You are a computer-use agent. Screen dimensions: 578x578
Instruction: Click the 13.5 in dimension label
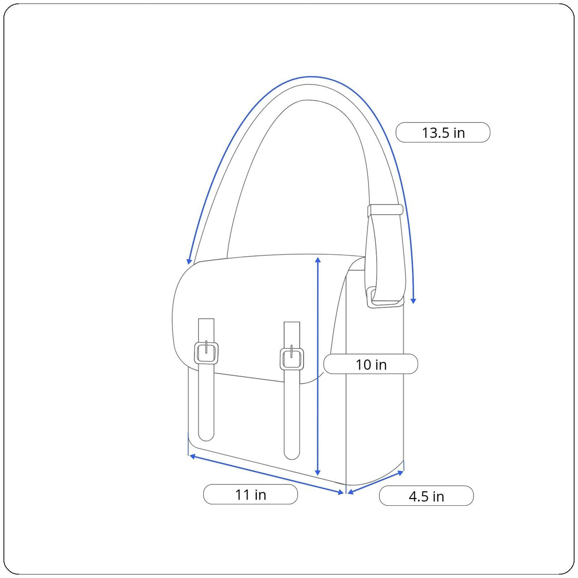point(443,132)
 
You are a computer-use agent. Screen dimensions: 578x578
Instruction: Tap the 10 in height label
point(371,364)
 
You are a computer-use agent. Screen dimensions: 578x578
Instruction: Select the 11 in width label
point(250,495)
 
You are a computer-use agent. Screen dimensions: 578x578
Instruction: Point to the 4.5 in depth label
point(426,496)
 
